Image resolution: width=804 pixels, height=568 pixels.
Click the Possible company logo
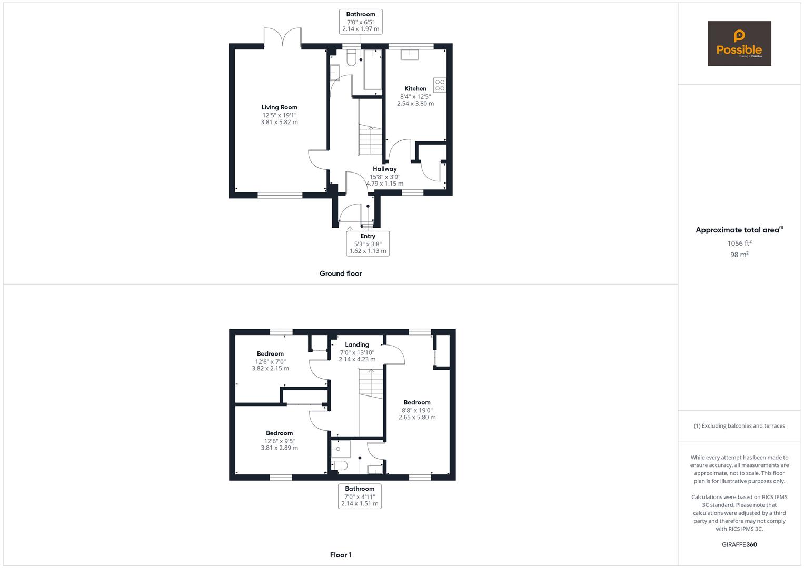pyautogui.click(x=739, y=44)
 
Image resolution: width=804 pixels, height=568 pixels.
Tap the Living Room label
pyautogui.click(x=279, y=107)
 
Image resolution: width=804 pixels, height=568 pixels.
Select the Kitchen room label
pyautogui.click(x=415, y=89)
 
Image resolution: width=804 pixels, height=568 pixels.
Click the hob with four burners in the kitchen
pyautogui.click(x=440, y=85)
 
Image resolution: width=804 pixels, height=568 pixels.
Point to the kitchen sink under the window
pyautogui.click(x=409, y=54)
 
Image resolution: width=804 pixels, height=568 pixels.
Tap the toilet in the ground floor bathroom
pyautogui.click(x=352, y=55)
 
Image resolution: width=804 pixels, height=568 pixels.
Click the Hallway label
pyautogui.click(x=385, y=169)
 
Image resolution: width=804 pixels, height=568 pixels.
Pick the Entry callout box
pyautogui.click(x=368, y=244)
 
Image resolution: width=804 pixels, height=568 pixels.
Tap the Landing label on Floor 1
pyautogui.click(x=357, y=345)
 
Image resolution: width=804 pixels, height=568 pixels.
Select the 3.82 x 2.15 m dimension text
pyautogui.click(x=270, y=369)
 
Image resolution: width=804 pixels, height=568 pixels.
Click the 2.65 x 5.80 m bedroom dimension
pyautogui.click(x=417, y=418)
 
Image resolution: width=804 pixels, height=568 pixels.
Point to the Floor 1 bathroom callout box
pyautogui.click(x=360, y=496)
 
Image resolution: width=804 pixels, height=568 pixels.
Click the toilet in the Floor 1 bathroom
pyautogui.click(x=339, y=465)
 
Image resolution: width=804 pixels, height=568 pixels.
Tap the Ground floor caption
pyautogui.click(x=341, y=273)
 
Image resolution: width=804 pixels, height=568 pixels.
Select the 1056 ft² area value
pyautogui.click(x=739, y=243)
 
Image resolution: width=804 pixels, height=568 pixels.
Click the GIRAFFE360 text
pyautogui.click(x=739, y=544)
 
